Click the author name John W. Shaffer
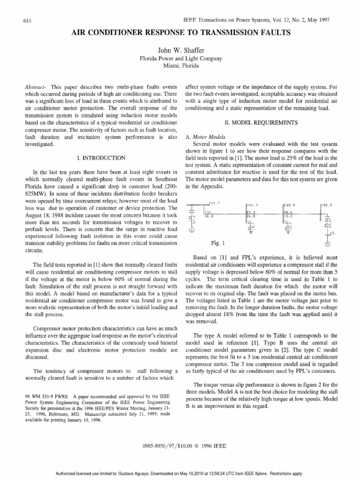pos(180,50)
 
